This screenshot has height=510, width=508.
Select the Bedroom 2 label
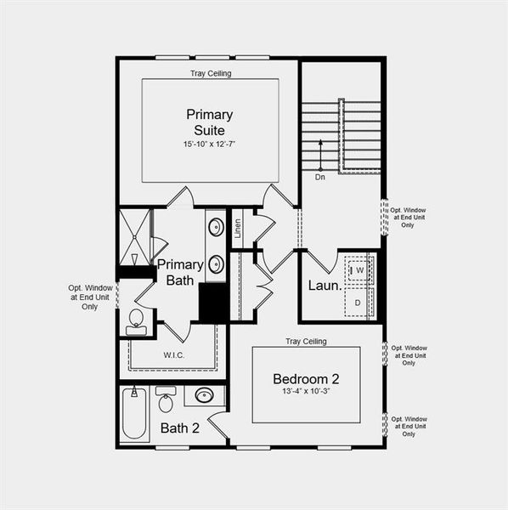[307, 378]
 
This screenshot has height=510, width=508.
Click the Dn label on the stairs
[320, 178]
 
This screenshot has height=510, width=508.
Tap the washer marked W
[359, 270]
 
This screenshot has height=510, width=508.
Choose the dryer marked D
[358, 303]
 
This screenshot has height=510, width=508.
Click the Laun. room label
[325, 286]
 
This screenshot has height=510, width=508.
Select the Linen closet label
[239, 227]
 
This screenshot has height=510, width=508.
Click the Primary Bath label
[179, 271]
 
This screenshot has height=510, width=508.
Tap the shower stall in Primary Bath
[133, 237]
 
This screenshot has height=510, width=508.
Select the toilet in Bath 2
[167, 399]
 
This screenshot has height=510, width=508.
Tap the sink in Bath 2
[204, 395]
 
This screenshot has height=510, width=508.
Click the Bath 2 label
[179, 428]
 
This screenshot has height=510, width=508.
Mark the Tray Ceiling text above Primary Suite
[210, 73]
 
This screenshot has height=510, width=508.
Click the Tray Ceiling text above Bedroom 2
[306, 341]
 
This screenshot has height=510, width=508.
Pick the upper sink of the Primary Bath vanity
[216, 227]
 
